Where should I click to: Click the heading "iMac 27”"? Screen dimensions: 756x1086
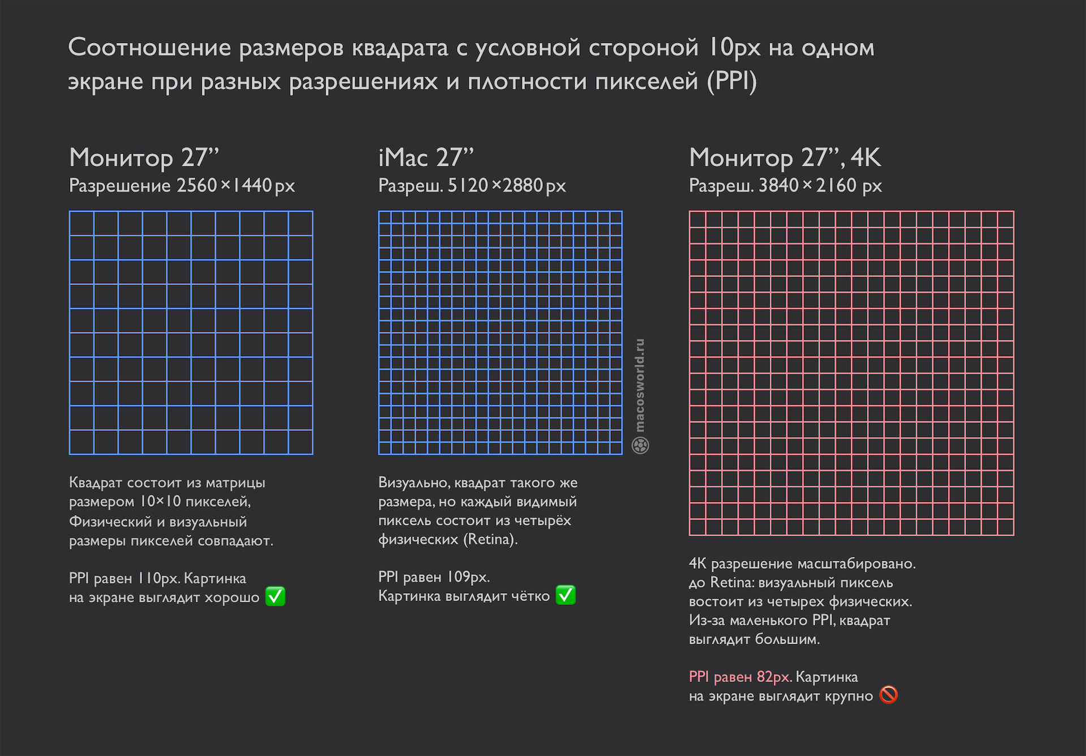click(x=426, y=158)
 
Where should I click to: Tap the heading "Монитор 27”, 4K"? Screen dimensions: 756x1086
click(x=785, y=158)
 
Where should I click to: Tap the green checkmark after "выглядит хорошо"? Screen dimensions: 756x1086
click(x=275, y=597)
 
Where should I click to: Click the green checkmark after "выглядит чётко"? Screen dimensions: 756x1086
click(x=566, y=595)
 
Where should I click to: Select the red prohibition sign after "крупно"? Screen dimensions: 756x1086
click(x=889, y=695)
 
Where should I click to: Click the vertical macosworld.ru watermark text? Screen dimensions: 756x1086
click(x=640, y=385)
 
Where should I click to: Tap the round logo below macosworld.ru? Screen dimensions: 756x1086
click(x=640, y=446)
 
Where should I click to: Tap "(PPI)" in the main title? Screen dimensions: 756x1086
click(x=731, y=81)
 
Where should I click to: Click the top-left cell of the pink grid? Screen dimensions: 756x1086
click(x=697, y=219)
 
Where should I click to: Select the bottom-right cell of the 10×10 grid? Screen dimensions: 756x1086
click(x=300, y=442)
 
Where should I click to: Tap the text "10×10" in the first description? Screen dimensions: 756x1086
click(x=161, y=502)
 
